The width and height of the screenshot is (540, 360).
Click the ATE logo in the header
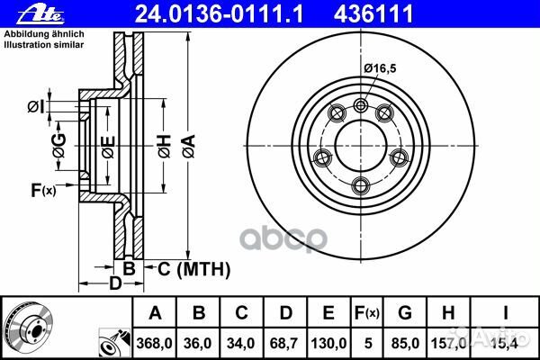(40, 15)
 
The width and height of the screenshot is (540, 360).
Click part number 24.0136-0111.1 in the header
(219, 14)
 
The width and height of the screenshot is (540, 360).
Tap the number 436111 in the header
(373, 14)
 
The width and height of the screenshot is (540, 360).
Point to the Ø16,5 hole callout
(380, 68)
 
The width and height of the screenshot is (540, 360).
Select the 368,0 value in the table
(154, 343)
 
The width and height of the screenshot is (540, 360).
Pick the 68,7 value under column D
(284, 343)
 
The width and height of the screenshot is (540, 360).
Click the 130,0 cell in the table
(328, 343)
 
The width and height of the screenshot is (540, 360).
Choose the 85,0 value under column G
(405, 343)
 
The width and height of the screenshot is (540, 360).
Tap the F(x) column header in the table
(367, 313)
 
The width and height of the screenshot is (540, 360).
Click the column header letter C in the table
(241, 313)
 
